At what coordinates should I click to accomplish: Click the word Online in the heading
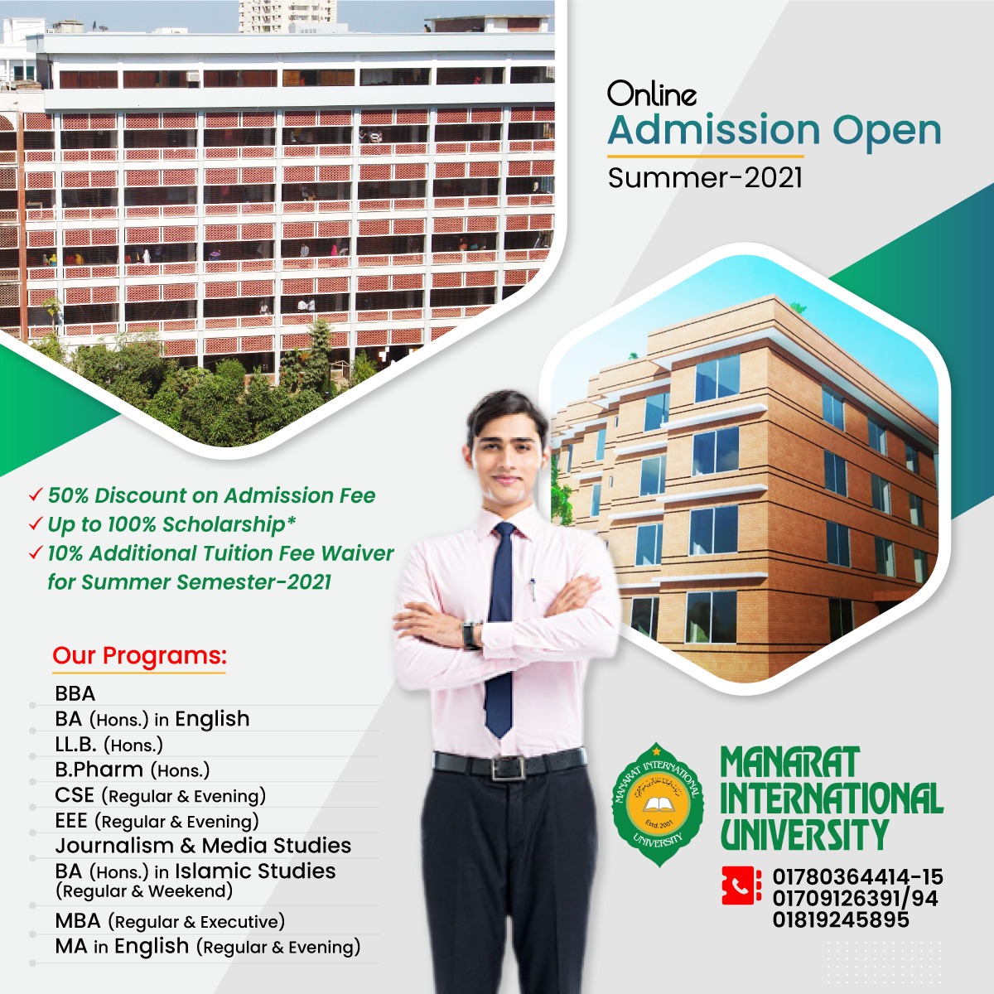point(652,94)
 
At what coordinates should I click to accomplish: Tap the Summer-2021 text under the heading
point(705,178)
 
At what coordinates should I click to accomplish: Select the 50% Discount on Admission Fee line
point(211,496)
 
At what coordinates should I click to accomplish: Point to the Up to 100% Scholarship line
point(171,525)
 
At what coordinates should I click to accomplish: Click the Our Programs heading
point(139,656)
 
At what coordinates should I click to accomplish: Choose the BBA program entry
point(75,693)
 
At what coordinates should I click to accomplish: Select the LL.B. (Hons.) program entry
point(109,745)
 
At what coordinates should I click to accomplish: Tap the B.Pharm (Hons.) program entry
point(133,770)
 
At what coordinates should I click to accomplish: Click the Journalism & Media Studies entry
point(203,846)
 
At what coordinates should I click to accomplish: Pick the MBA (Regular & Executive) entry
point(170,921)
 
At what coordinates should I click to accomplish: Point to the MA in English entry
point(208,947)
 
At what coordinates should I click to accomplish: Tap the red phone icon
point(741,885)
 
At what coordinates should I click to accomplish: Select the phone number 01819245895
point(841,919)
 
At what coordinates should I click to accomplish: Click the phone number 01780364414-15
point(857,877)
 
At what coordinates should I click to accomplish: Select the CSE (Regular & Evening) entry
point(161,796)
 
